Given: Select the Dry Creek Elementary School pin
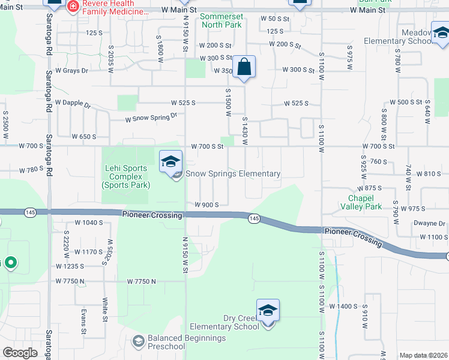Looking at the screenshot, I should point(268,311).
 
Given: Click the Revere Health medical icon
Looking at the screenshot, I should point(73,7).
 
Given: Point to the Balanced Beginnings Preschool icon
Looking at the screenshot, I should point(139,342).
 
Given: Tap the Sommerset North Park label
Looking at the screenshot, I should point(221,20).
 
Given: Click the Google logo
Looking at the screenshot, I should point(20,353).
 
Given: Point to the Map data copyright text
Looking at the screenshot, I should point(424,355).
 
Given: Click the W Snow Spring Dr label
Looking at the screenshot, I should point(151,118).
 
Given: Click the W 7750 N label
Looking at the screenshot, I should point(141,281).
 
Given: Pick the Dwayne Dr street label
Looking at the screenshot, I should point(429,223).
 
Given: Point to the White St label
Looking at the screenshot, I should point(105,310).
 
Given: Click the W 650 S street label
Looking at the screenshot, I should point(83,137).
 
